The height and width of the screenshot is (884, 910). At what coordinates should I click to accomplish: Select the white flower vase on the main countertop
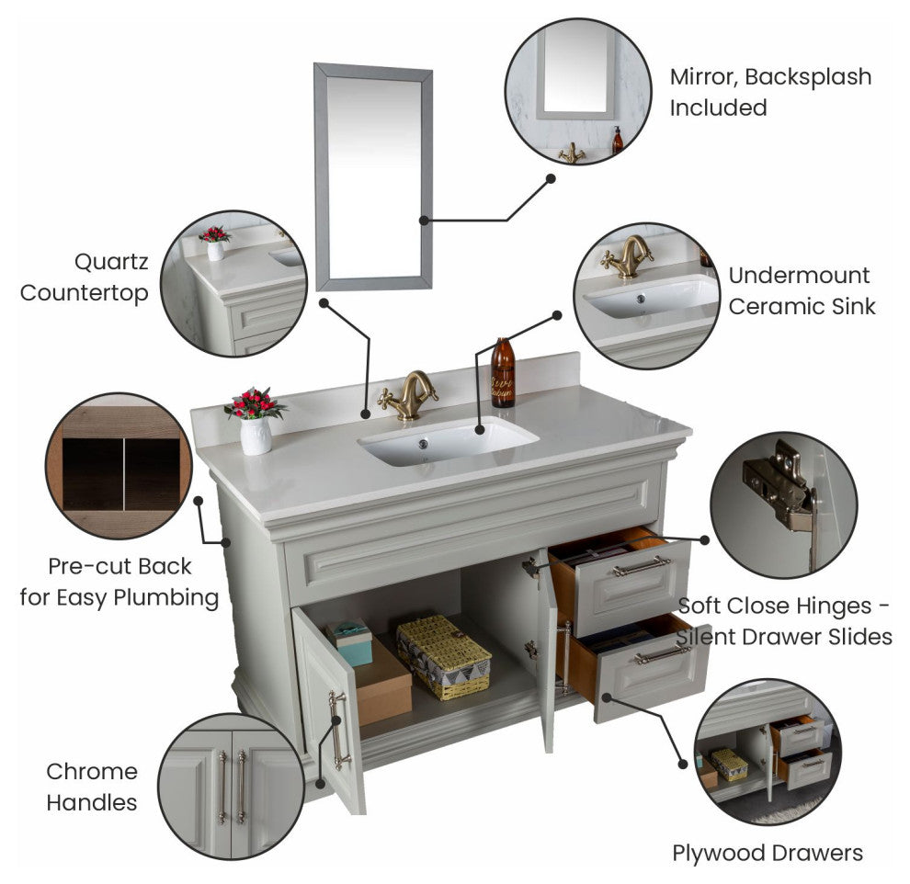click(x=256, y=435)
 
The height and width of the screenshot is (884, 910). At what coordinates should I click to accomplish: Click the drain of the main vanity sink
click(x=423, y=445)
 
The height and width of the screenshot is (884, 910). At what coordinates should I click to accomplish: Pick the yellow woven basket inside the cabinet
click(x=443, y=656)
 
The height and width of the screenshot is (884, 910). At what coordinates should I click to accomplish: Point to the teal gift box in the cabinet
click(x=349, y=642)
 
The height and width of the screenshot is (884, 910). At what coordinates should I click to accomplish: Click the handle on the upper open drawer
click(x=642, y=566)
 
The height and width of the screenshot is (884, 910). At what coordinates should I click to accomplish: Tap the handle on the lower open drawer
click(x=662, y=655)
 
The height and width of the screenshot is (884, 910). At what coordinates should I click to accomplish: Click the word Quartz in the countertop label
click(x=111, y=262)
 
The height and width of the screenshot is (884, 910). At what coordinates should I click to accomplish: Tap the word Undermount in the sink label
click(x=799, y=276)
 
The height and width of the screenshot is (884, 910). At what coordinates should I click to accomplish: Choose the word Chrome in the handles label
click(x=92, y=772)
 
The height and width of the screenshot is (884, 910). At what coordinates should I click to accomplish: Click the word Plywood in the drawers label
click(x=714, y=854)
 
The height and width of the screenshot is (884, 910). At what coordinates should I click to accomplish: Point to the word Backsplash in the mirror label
click(x=808, y=77)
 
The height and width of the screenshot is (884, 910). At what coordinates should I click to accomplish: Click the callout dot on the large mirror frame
click(x=425, y=221)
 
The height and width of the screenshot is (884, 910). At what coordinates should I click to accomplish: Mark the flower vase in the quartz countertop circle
click(x=215, y=244)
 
